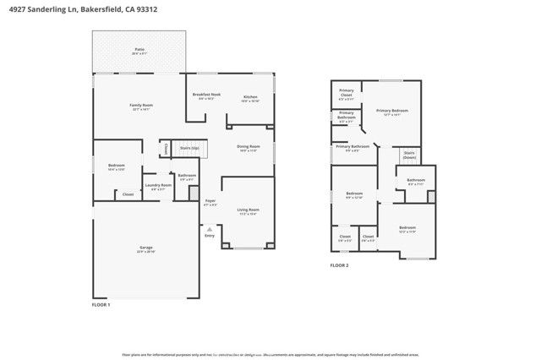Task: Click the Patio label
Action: click(139, 49)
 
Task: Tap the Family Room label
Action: click(140, 105)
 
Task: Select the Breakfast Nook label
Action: click(206, 95)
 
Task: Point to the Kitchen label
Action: click(250, 96)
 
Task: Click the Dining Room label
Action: click(249, 146)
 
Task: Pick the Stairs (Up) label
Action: click(190, 147)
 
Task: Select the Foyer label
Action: click(210, 200)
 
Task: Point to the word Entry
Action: click(210, 235)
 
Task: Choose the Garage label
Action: click(146, 247)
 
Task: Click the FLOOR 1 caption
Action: click(101, 303)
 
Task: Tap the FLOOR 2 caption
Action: click(339, 265)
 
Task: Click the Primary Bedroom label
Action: click(392, 111)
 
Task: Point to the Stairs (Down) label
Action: click(409, 155)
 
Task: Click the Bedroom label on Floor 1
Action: click(117, 165)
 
